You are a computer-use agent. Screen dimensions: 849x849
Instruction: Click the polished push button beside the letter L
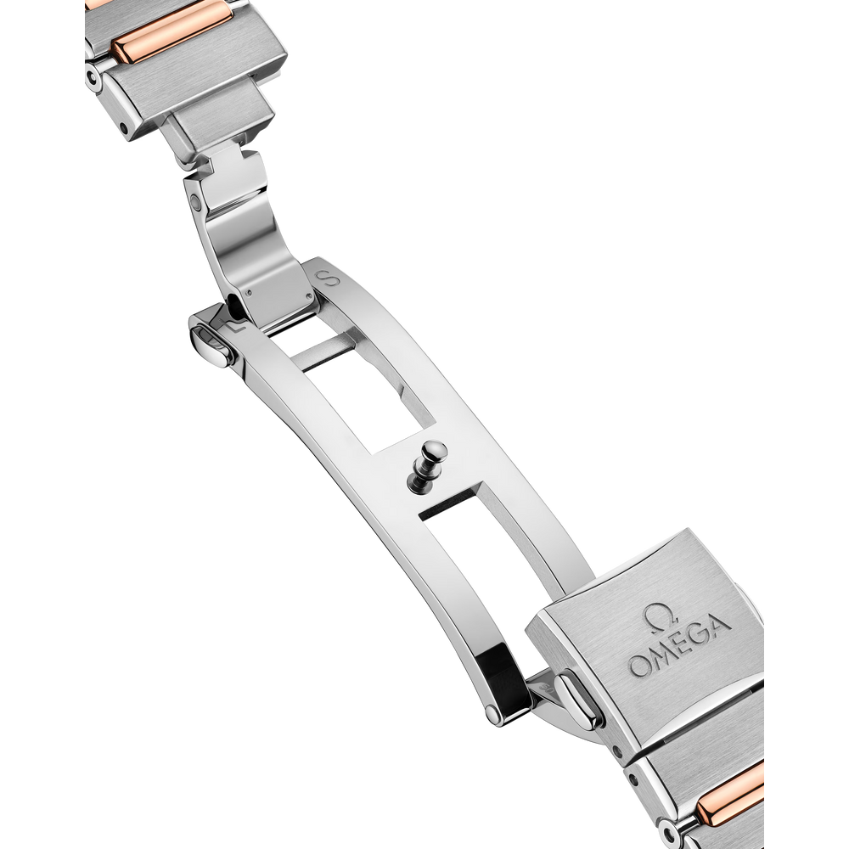tap(209, 343)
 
